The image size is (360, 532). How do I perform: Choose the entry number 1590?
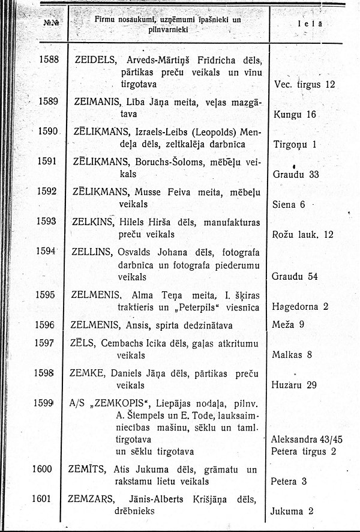pyautogui.click(x=48, y=131)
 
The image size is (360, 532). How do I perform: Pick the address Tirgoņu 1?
pyautogui.click(x=295, y=144)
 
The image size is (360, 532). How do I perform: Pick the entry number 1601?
pyautogui.click(x=48, y=497)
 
